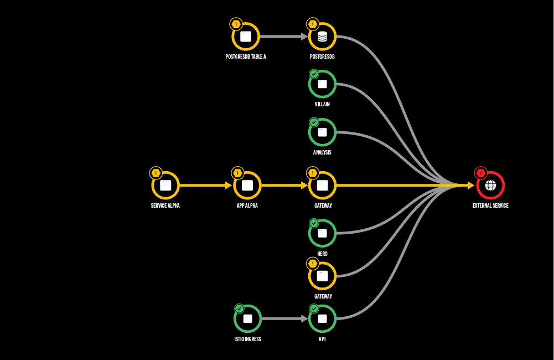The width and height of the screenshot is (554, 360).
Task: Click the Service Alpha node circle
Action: pos(165,186)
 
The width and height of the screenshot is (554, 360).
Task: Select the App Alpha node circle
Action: pos(247,186)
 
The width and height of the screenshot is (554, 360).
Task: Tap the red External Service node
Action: pos(490,186)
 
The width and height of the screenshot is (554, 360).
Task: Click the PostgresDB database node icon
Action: pos(323,37)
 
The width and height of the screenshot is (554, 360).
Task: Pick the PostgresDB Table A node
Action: pos(246,37)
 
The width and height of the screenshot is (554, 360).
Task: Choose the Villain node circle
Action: pos(323,84)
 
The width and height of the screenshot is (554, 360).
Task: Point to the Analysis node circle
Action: pos(323,132)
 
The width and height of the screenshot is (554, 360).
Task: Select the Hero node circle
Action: pos(323,233)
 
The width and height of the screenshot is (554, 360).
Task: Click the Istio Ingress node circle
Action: pos(247,318)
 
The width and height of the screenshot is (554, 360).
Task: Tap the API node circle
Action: pos(323,318)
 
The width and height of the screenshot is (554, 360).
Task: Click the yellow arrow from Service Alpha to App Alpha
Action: pos(205,186)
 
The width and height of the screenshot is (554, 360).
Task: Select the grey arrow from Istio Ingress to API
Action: pos(284,318)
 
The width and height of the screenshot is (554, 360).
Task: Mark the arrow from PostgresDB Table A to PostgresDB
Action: pos(283,37)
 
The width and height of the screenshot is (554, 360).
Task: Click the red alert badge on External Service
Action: pos(480,173)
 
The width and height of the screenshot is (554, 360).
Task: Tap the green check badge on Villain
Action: pos(314,74)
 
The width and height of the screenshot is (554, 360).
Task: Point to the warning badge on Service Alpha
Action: pos(156,173)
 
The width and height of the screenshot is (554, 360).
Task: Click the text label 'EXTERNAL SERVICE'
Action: pos(490,205)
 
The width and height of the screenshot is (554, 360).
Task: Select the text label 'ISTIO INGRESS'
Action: pos(247,338)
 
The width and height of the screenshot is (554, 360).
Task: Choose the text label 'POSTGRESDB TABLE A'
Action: pos(246,56)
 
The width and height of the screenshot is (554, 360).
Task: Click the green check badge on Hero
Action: pos(314,223)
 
